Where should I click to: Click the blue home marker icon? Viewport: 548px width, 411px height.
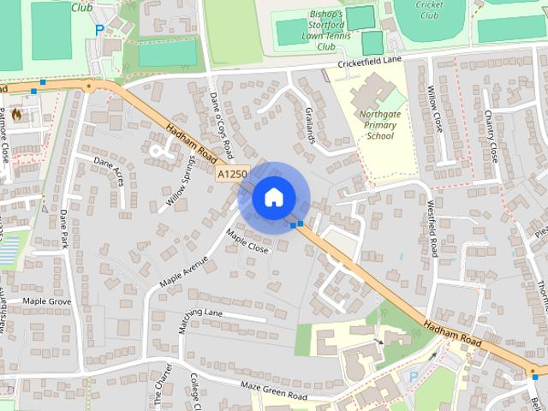272,197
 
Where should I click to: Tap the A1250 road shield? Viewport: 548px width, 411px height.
231,174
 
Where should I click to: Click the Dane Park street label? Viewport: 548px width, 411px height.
65,232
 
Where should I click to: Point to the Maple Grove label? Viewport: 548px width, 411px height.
46,301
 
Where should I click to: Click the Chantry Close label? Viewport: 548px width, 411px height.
491,136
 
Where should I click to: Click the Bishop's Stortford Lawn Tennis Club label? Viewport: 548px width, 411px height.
313,31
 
